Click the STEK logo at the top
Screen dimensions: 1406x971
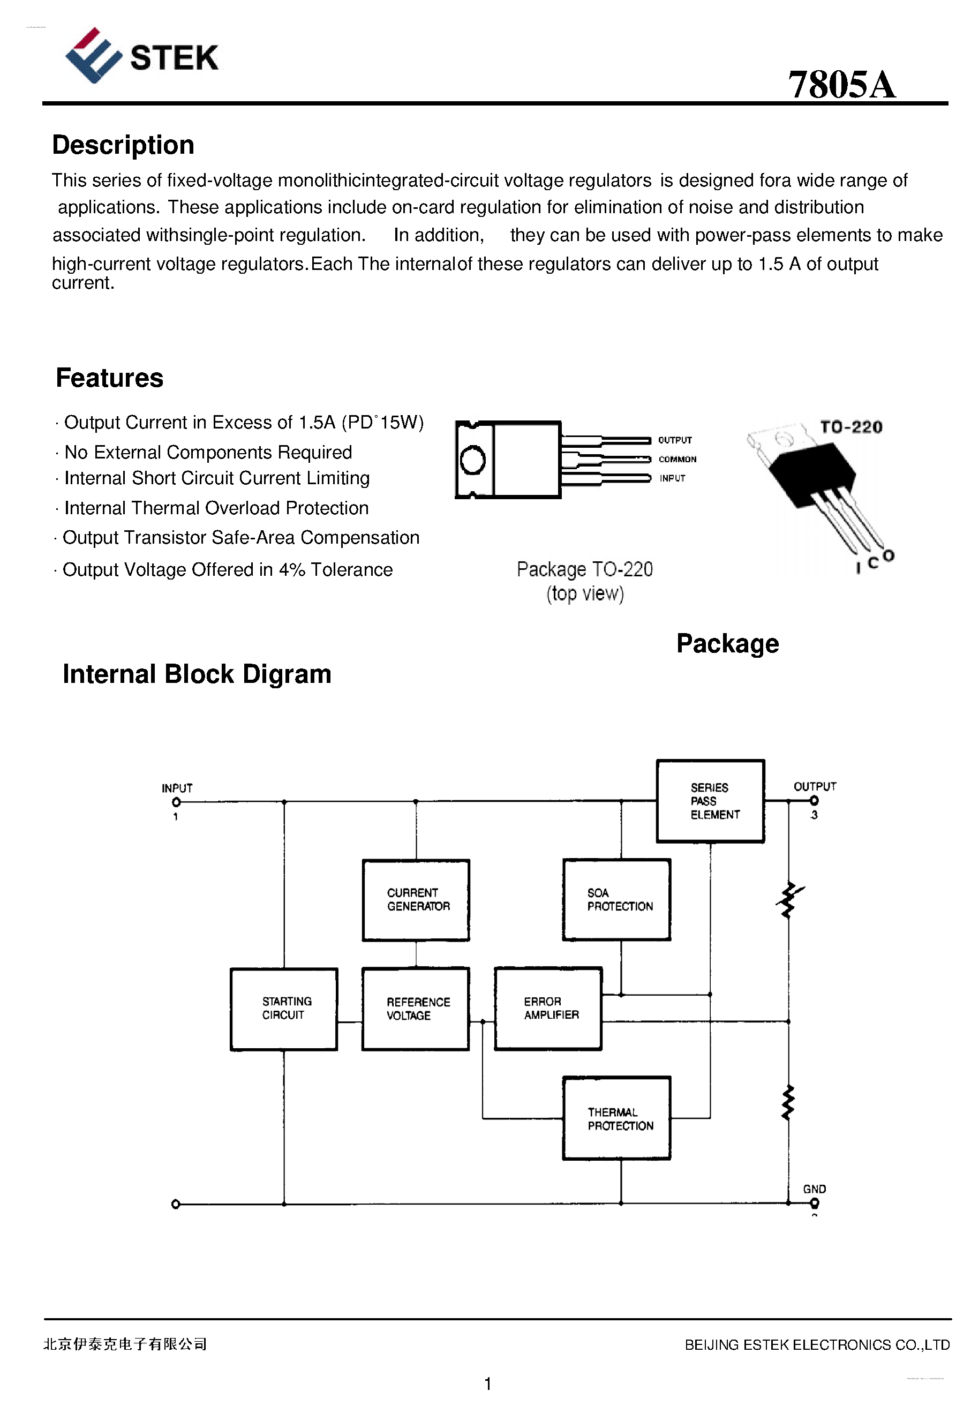pos(141,56)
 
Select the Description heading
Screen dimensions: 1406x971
pos(123,145)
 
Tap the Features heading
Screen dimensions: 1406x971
pos(109,378)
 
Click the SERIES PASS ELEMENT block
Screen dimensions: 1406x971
pos(710,801)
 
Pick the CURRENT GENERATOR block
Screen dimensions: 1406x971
pos(416,900)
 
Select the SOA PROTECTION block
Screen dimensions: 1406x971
pos(617,900)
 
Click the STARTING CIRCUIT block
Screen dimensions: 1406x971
pos(283,1009)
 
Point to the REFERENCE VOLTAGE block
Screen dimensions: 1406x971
pos(416,1009)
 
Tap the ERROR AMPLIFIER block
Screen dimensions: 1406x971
pos(548,1009)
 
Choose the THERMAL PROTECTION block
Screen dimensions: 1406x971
pos(617,1118)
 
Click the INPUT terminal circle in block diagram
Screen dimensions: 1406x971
pos(176,802)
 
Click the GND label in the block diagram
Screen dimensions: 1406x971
pos(814,1189)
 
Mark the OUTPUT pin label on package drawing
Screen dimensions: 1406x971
pos(675,440)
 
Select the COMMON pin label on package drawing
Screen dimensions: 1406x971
pos(677,460)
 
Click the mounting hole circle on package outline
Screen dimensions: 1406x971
pos(473,460)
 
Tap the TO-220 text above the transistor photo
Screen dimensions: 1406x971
pos(850,427)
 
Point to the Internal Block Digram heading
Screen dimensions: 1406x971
pos(197,674)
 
